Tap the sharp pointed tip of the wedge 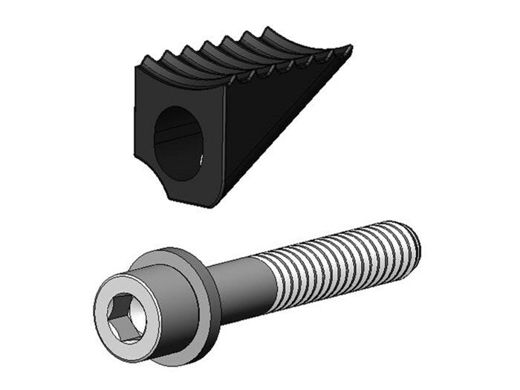tap(349, 51)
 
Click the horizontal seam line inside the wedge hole tap(178, 133)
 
